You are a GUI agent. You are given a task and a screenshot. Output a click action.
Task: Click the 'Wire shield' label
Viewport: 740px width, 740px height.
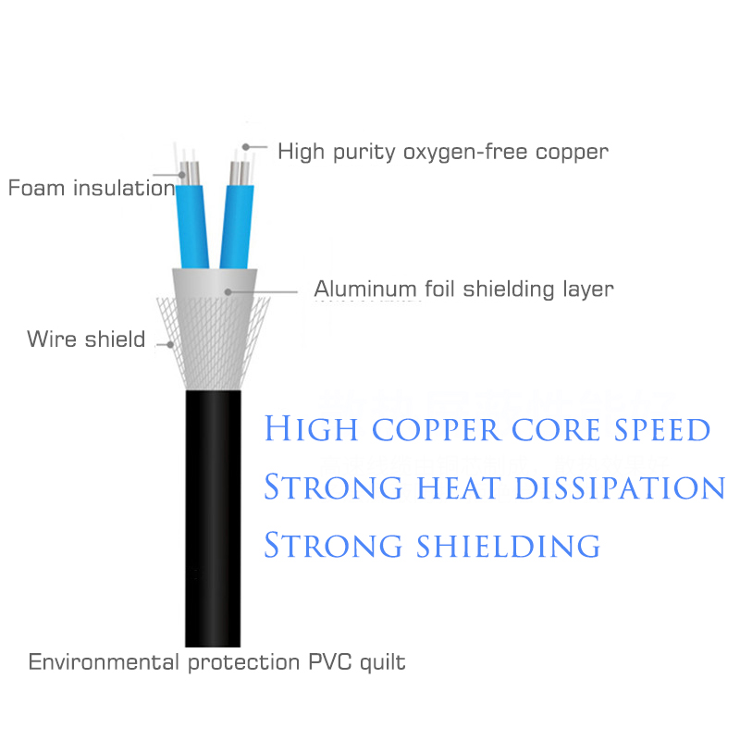(86, 339)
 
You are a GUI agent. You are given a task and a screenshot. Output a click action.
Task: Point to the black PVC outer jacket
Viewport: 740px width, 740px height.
(213, 518)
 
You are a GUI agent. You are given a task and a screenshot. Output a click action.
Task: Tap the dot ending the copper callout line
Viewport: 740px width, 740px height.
(246, 146)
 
